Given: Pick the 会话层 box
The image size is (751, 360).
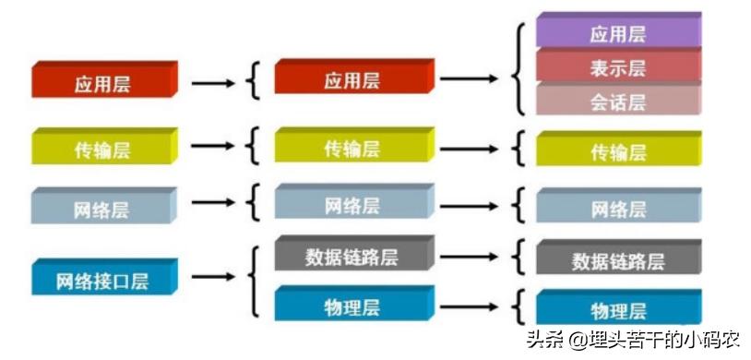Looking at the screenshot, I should pyautogui.click(x=617, y=100).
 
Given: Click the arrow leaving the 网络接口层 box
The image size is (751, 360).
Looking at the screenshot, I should pyautogui.click(x=212, y=276).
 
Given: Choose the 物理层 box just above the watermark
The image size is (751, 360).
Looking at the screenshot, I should pyautogui.click(x=617, y=307).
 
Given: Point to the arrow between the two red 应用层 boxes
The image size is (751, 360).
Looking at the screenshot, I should pyautogui.click(x=212, y=82).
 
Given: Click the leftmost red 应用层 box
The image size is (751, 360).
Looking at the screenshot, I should pyautogui.click(x=102, y=81).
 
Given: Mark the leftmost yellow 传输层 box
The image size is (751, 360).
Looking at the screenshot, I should pyautogui.click(x=102, y=148).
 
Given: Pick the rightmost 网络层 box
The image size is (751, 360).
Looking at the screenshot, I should pyautogui.click(x=617, y=207).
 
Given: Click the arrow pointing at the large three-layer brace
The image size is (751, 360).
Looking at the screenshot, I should pyautogui.click(x=470, y=78).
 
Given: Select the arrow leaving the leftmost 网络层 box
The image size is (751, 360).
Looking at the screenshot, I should pyautogui.click(x=212, y=202).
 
